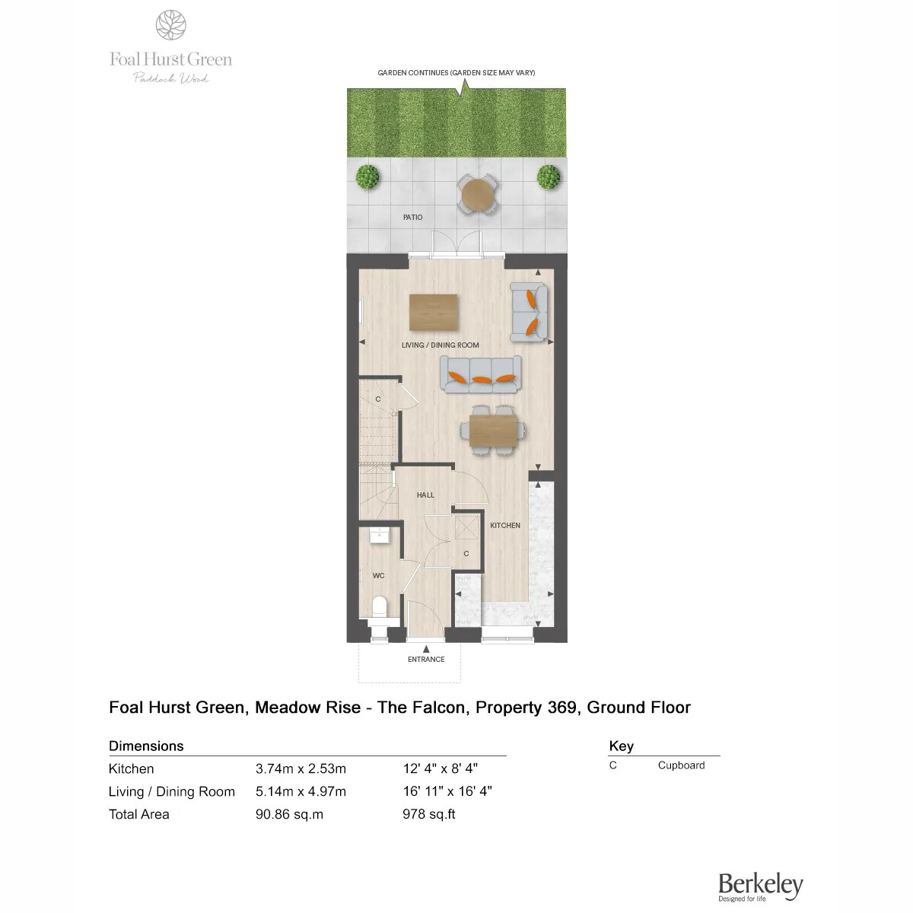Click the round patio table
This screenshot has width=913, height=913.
coord(478,194)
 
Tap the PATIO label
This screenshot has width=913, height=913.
coord(412,218)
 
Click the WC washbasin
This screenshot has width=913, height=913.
coord(380,536)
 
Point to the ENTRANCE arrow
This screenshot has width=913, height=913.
coord(426,649)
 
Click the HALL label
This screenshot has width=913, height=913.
coord(425,495)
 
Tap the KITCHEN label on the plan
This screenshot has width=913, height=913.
coord(505,526)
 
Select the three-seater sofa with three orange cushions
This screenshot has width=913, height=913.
coord(480,374)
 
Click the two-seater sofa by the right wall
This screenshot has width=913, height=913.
coord(528,312)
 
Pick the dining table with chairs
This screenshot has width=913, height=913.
coord(493,430)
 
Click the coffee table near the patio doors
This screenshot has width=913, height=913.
coord(433,312)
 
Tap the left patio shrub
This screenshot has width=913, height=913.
coord(367,177)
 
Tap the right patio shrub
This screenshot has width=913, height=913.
coord(549,177)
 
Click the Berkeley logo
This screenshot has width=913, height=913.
coord(760,886)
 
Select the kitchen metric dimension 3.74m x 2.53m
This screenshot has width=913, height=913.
coord(301,768)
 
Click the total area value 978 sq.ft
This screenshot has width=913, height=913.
coord(429,814)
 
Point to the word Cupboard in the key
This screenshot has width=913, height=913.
coord(681,765)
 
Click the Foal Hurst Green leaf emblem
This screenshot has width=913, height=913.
coord(170,24)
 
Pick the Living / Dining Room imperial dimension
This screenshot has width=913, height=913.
coord(447,791)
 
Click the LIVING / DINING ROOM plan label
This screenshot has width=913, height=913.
coord(441,345)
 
